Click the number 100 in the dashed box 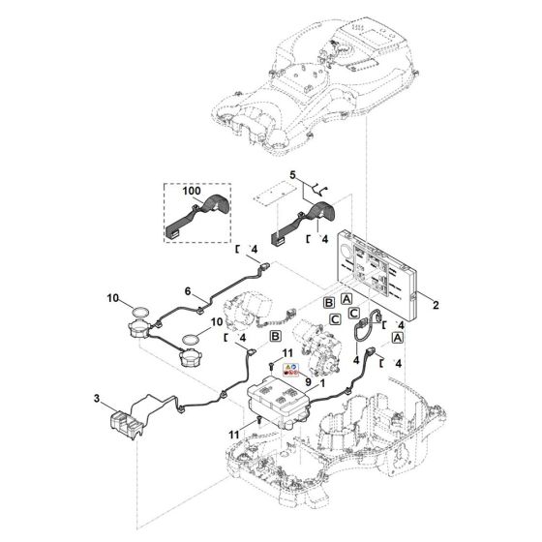coord(192,191)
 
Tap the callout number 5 coord(292,175)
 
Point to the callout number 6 coord(188,291)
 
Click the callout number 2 coord(436,305)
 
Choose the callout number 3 coord(97,399)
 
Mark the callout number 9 coord(308,382)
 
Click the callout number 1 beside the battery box coord(322,383)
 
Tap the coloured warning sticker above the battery coord(290,370)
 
